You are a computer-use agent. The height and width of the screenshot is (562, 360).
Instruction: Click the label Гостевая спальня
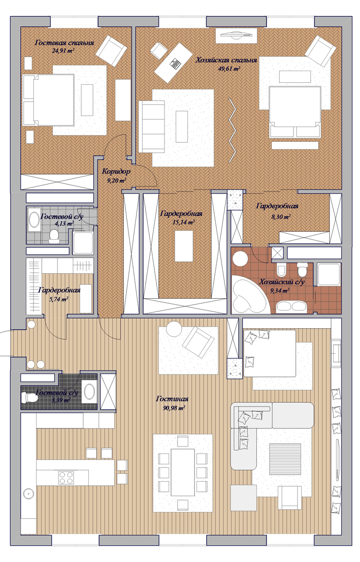coord(64,43)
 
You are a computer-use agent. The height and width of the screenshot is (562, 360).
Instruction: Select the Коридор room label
coord(116,171)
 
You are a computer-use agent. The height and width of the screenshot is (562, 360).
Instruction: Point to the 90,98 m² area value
coord(172,408)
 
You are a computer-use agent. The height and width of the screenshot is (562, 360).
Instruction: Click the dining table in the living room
coord(183,472)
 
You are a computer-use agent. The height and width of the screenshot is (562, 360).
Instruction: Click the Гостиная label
coord(172,398)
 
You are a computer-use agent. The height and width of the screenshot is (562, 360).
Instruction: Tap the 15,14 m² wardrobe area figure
coord(184,223)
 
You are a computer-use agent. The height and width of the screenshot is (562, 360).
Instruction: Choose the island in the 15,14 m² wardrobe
coord(184,246)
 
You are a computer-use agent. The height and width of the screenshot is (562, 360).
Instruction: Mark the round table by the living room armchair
coord(174,329)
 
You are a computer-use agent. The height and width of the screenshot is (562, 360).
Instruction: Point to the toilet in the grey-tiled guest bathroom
coord(54,236)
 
